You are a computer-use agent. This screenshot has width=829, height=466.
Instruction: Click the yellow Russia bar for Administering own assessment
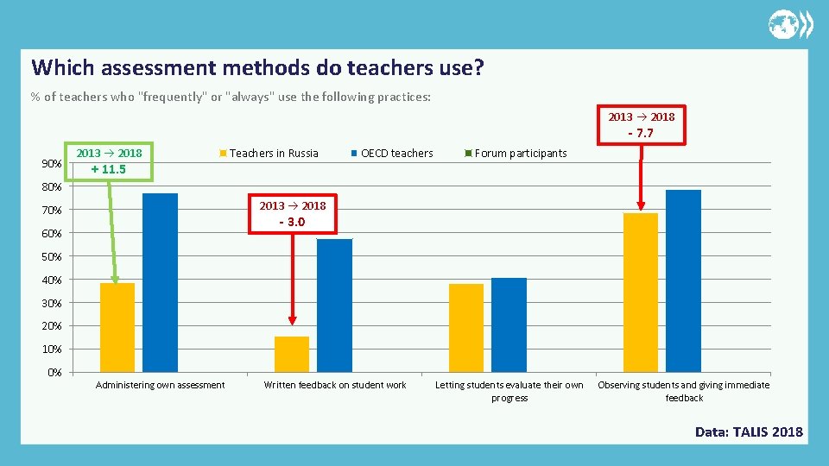click(x=117, y=327)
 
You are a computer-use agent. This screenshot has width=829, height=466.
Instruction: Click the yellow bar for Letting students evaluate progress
click(x=466, y=327)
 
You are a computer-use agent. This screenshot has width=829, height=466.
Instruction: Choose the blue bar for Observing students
click(x=683, y=280)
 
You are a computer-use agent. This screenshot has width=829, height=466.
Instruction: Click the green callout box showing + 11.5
click(x=110, y=161)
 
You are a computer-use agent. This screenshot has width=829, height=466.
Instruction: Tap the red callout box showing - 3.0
click(x=293, y=213)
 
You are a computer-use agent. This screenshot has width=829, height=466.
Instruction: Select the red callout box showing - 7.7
click(x=642, y=125)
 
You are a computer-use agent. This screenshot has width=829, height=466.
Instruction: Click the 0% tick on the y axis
click(x=54, y=373)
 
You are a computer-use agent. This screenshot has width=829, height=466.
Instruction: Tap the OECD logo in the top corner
click(x=790, y=24)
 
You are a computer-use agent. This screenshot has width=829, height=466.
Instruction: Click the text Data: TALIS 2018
click(x=749, y=432)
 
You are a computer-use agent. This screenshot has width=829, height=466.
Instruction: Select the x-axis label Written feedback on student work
click(x=335, y=385)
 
